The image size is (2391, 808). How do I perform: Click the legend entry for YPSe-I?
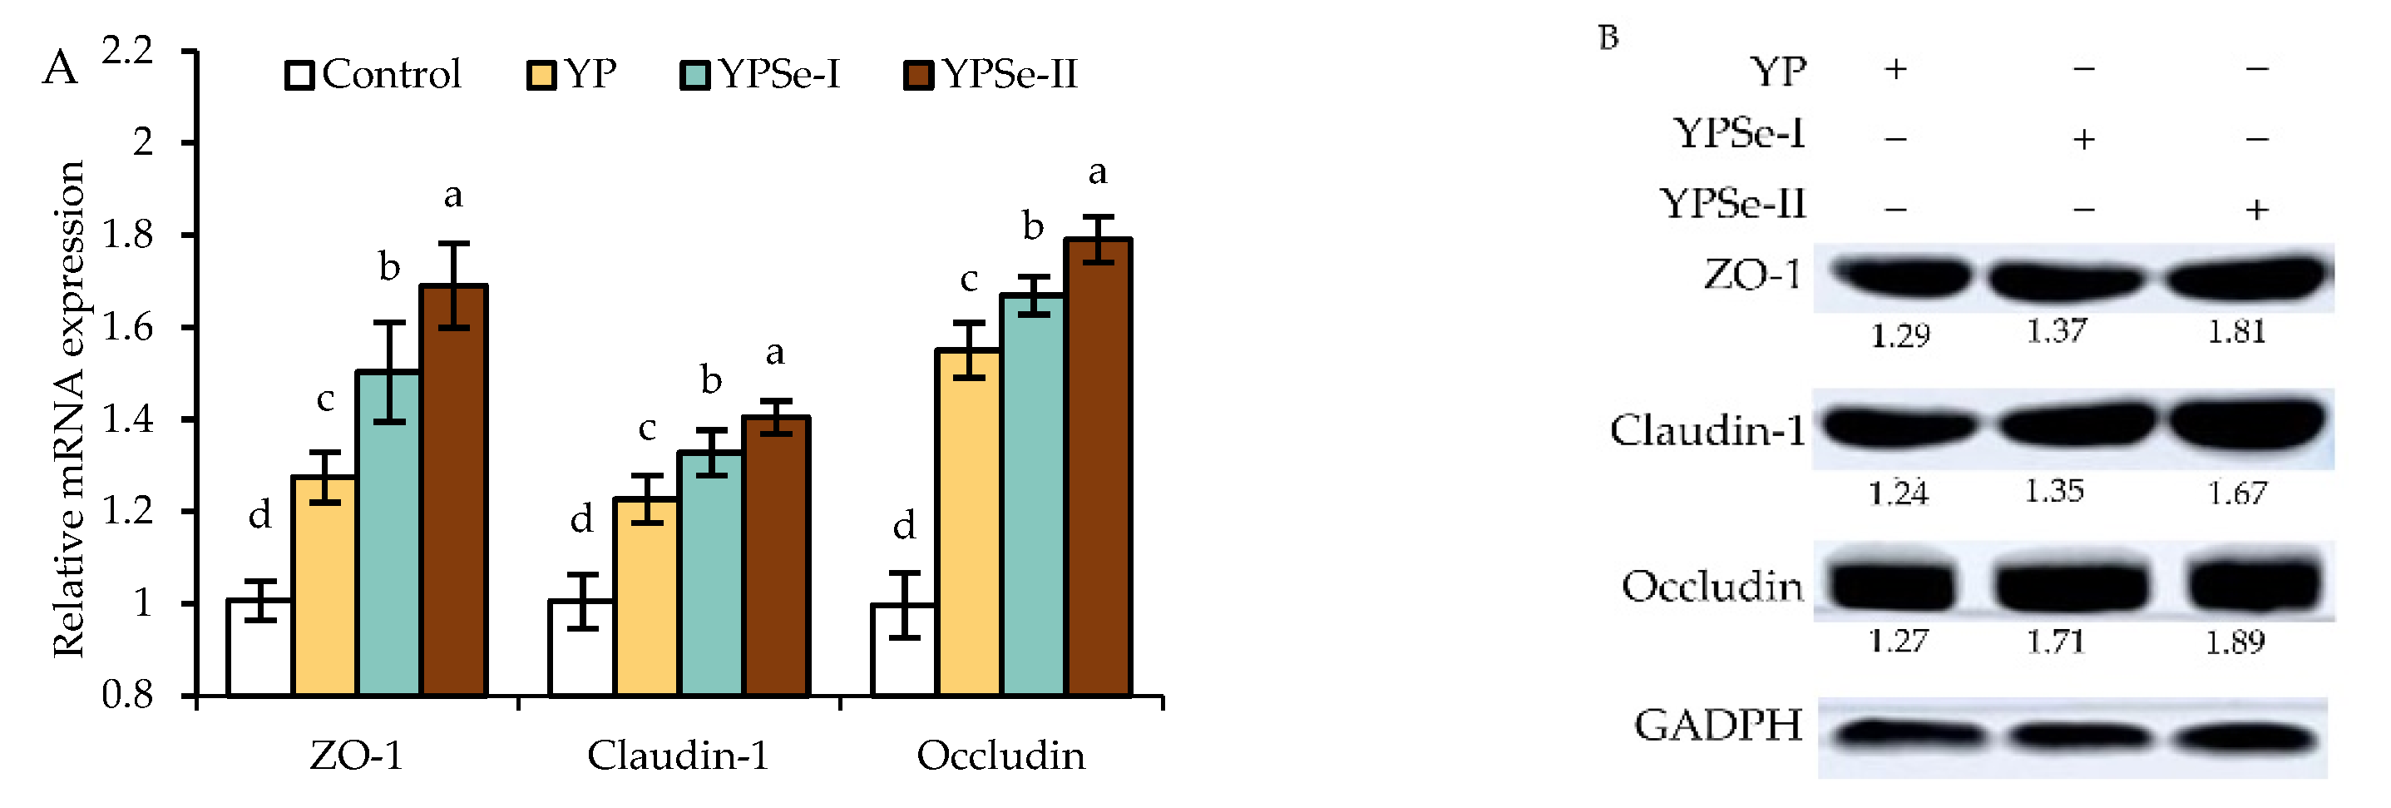(x=761, y=74)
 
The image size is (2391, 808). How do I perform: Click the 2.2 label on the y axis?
(x=128, y=50)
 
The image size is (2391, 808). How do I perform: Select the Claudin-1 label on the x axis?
(x=679, y=755)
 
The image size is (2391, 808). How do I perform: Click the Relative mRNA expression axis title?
(x=69, y=409)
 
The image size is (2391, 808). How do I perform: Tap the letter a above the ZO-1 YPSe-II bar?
(x=453, y=195)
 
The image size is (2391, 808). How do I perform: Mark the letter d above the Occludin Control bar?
(x=904, y=526)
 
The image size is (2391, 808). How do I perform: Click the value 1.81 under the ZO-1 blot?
(x=2237, y=331)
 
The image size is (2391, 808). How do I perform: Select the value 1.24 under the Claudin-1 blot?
(x=1898, y=493)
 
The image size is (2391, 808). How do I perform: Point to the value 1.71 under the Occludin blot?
(x=2056, y=641)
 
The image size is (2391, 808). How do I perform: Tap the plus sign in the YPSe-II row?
(x=2257, y=209)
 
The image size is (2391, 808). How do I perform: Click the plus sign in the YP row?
(x=1896, y=69)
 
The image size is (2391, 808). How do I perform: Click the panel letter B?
(x=1608, y=37)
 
